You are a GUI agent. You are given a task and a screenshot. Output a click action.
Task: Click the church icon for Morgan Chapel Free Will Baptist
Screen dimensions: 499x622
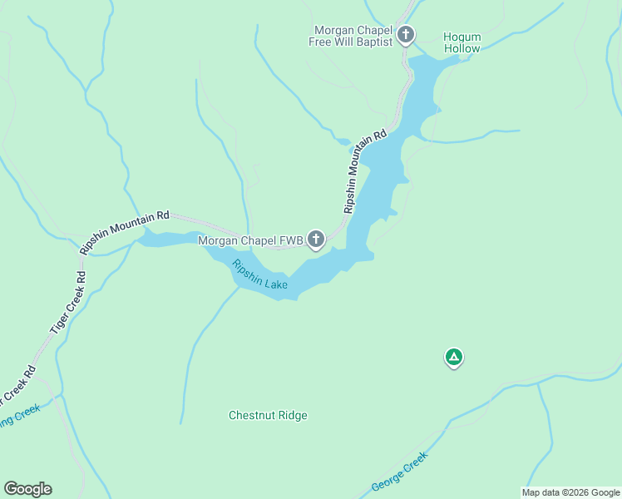406,35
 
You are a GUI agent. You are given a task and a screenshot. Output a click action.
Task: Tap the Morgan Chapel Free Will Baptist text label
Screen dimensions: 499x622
350,36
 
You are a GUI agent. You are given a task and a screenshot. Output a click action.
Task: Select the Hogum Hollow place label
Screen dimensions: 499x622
462,42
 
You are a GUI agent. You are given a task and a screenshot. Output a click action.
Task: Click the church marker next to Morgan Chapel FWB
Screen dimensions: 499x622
316,240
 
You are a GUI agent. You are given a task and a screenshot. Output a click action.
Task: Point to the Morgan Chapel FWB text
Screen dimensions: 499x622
249,241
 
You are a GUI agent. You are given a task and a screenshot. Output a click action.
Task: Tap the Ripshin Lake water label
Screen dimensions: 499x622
260,275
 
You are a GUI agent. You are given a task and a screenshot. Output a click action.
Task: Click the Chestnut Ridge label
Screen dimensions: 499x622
268,415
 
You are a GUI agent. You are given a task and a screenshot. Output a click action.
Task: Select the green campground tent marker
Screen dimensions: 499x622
453,358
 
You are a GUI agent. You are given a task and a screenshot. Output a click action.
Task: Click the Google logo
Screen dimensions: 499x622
27,489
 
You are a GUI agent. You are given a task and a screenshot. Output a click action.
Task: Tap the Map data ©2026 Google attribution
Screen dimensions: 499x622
570,492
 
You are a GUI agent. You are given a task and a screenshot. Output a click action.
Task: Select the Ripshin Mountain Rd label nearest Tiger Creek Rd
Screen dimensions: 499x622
124,231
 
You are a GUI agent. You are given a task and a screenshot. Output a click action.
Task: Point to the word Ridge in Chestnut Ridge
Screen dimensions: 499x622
291,415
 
